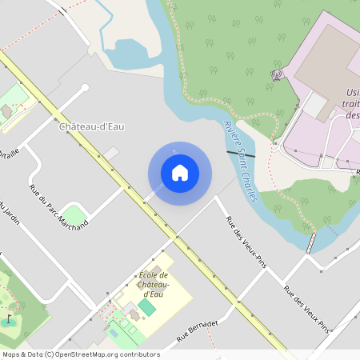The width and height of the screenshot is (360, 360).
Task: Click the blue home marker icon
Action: tap(180, 173)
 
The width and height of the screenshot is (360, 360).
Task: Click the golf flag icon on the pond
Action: tap(10, 319)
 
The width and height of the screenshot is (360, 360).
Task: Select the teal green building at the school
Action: tap(147, 307)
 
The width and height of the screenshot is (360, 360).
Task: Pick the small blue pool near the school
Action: tap(113, 331)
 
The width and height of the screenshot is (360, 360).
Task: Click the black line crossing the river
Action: tap(241, 153)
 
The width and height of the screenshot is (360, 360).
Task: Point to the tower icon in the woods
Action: tap(278, 74)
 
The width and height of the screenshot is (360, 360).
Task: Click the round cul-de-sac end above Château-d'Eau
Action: tap(85, 88)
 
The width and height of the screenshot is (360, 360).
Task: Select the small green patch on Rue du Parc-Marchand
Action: tap(74, 214)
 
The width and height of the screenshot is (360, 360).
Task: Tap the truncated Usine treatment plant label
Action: tap(352, 104)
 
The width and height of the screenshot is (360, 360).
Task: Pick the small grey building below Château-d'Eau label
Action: tap(111, 152)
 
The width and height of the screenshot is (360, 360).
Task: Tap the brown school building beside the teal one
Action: tap(132, 314)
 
